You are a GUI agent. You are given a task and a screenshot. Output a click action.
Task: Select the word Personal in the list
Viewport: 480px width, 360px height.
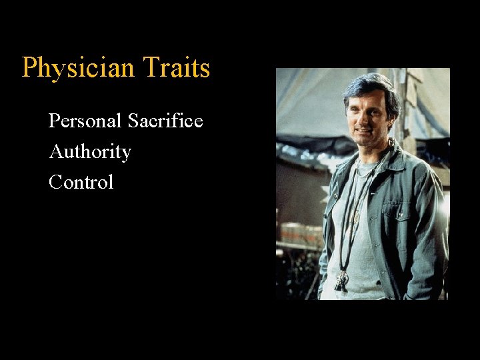[x=85, y=121]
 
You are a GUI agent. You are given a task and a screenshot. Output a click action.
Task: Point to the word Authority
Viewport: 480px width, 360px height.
[x=90, y=153]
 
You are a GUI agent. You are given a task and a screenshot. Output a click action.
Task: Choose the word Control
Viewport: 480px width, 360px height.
[x=81, y=182]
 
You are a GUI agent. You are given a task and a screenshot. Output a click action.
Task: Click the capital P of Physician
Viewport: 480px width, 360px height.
[x=29, y=68]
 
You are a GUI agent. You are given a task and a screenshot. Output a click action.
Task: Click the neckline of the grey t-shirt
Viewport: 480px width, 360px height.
[x=365, y=167]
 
